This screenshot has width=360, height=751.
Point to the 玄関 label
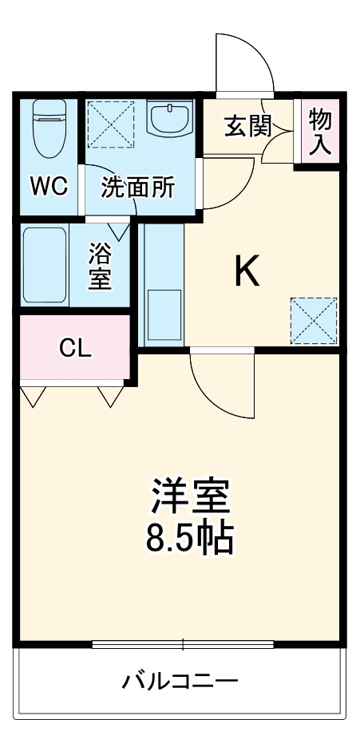point(247,125)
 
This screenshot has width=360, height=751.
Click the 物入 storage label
point(320,131)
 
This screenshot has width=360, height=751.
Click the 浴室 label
point(100,268)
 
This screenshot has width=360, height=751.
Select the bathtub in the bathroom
point(45,267)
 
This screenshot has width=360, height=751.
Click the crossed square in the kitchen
point(313,318)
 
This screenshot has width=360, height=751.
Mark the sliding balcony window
point(183,644)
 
